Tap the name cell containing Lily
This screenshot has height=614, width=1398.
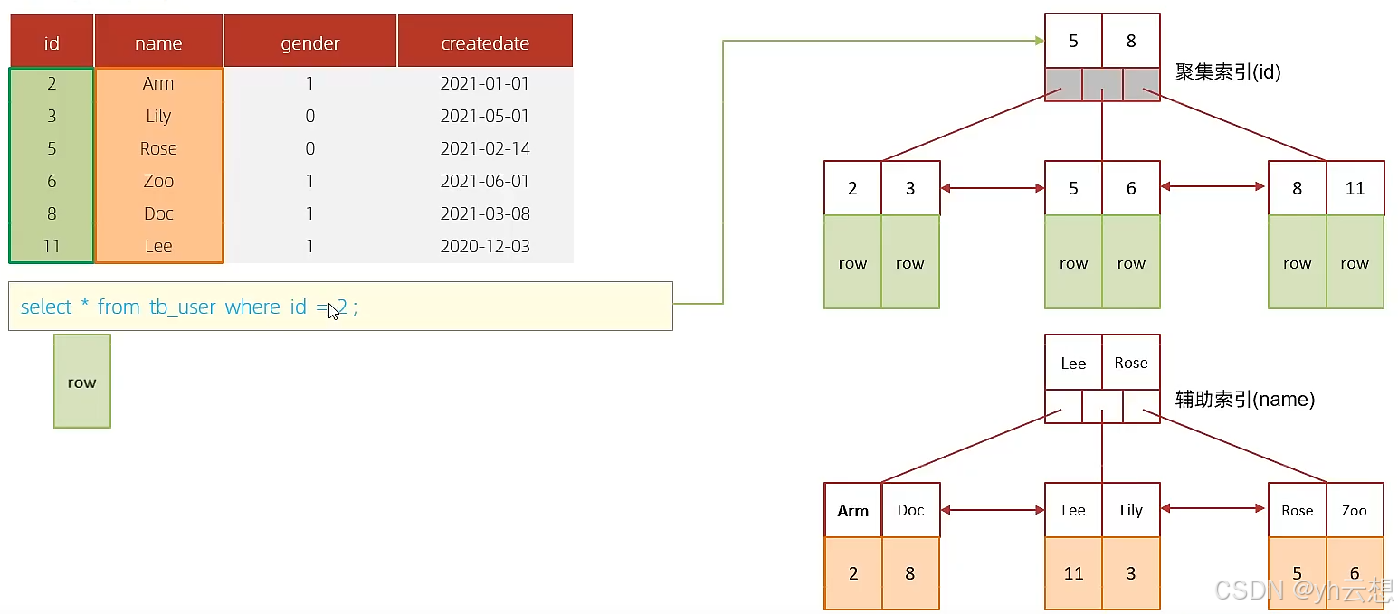[x=158, y=116]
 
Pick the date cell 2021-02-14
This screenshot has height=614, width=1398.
[x=485, y=148]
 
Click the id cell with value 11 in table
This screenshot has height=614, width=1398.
[x=52, y=246]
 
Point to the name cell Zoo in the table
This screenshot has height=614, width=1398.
[x=158, y=181]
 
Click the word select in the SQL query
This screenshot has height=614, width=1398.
[x=46, y=307]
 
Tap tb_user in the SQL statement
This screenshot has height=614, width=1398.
[x=182, y=307]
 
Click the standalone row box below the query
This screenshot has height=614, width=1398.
[x=82, y=382]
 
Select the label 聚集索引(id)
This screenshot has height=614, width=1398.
[x=1228, y=71]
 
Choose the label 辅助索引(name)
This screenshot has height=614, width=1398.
[x=1245, y=400]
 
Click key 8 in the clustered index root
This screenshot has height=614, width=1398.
[x=1131, y=41]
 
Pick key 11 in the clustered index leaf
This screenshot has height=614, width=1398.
[x=1355, y=188]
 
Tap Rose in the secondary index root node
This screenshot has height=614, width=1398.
[x=1131, y=363]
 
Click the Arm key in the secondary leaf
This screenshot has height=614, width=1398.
[x=852, y=510]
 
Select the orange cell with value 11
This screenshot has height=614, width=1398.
[x=1073, y=572]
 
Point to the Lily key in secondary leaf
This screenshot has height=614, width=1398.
[x=1131, y=510]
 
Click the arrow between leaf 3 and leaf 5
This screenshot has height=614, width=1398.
[x=993, y=188]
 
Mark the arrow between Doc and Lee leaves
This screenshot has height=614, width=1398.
[x=993, y=510]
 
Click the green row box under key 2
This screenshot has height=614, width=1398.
[x=852, y=262]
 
